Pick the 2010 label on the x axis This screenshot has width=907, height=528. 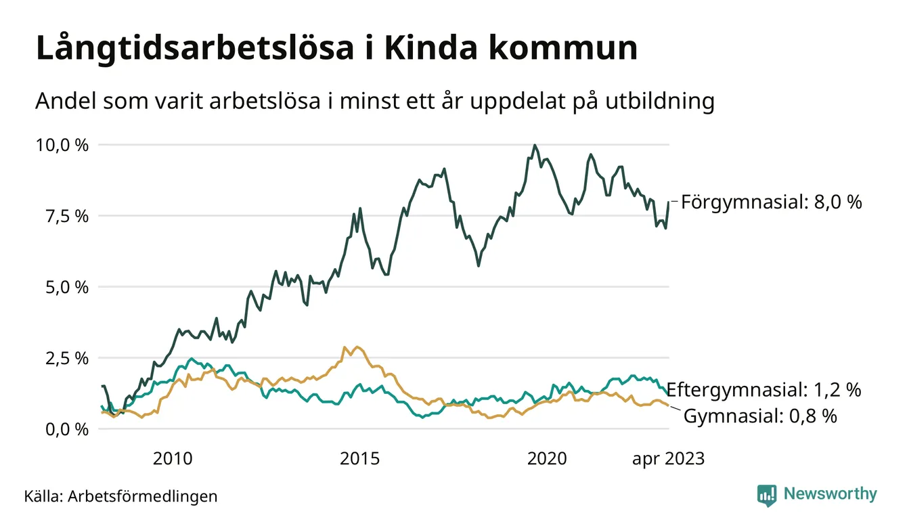(173, 459)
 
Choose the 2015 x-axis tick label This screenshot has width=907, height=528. (359, 459)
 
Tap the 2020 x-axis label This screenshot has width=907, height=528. (546, 459)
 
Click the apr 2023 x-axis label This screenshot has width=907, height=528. (668, 459)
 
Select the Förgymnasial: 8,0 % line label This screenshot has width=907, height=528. (771, 202)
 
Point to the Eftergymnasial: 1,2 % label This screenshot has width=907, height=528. (764, 390)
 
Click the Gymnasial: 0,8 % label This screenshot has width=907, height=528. (760, 416)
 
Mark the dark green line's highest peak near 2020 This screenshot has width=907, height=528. (535, 145)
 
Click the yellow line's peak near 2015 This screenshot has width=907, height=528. (357, 347)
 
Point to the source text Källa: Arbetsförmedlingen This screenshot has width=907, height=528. (121, 496)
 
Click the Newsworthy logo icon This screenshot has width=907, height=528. (767, 495)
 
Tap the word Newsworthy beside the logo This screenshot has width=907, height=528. (830, 494)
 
